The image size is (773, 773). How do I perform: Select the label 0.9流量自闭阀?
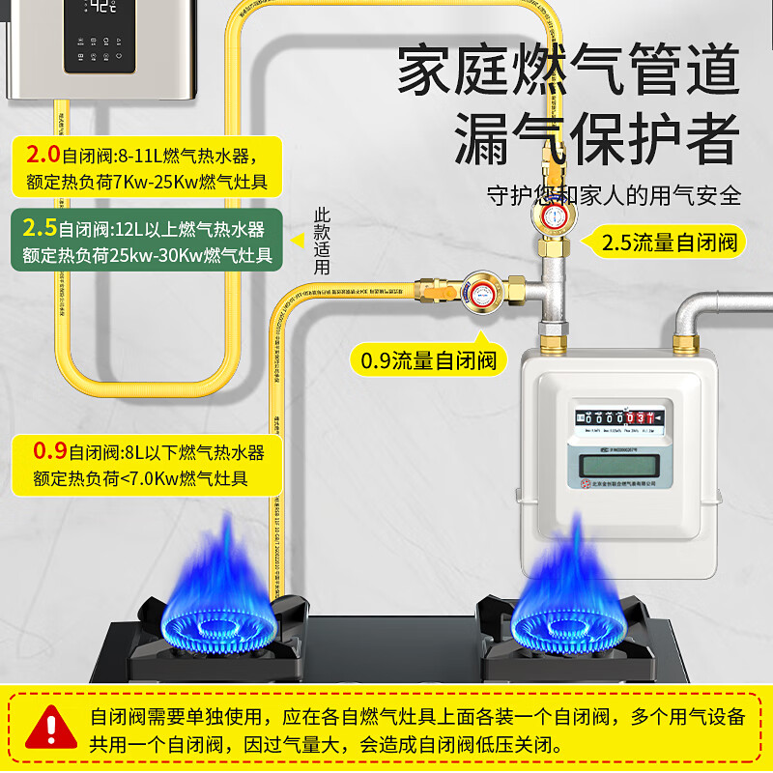click(x=428, y=360)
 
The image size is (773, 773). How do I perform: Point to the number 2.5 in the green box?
click(x=40, y=229)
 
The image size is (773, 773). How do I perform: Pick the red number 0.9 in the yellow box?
click(x=49, y=451)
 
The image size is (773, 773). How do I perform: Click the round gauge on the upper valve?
click(x=556, y=215)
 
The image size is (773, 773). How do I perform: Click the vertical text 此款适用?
click(x=322, y=242)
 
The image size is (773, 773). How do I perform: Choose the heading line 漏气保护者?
click(x=596, y=140)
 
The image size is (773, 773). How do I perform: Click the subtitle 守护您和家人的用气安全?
click(x=614, y=194)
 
